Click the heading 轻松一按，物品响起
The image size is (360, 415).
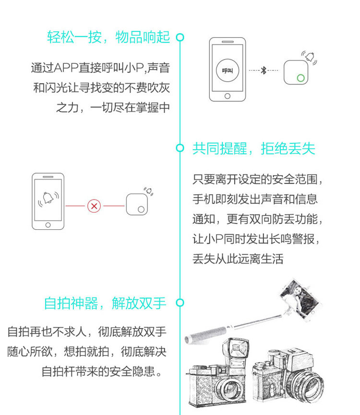click(x=108, y=37)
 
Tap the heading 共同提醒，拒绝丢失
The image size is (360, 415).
click(x=254, y=148)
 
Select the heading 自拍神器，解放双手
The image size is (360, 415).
click(x=105, y=303)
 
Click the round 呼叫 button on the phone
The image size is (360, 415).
click(x=228, y=70)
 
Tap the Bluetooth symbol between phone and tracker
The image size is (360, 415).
click(x=264, y=71)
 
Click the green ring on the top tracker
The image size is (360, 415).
click(x=300, y=78)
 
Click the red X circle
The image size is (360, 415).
click(x=94, y=206)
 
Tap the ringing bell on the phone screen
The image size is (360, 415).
click(x=48, y=198)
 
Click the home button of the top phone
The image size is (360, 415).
click(x=228, y=96)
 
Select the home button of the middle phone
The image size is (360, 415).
click(x=48, y=225)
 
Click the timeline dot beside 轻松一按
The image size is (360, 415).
click(x=180, y=37)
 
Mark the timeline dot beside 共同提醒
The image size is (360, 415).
click(x=180, y=148)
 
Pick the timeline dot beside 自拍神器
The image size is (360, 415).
click(x=180, y=303)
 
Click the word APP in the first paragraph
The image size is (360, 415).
click(x=66, y=68)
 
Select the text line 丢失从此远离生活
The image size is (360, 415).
click(x=238, y=259)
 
